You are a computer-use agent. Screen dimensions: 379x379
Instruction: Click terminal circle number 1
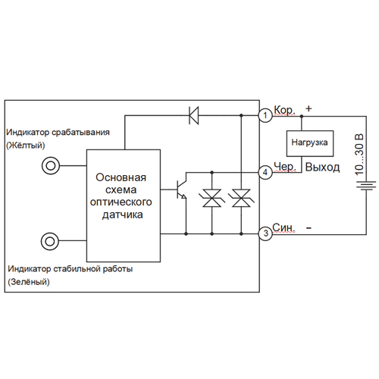[x=265, y=115]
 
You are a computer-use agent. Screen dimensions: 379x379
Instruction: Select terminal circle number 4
[x=265, y=172]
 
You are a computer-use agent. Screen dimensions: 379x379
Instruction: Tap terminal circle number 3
[x=265, y=233]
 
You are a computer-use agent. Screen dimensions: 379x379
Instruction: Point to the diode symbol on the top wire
[x=194, y=115]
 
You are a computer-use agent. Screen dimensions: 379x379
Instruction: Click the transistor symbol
[x=181, y=189]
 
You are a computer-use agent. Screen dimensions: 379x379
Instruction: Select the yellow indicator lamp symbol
[x=51, y=166]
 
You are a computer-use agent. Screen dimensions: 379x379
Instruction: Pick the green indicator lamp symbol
[x=50, y=241]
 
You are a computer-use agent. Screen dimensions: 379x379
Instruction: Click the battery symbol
[x=366, y=186]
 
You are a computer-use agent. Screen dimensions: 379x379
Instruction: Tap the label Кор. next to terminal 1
[x=284, y=110]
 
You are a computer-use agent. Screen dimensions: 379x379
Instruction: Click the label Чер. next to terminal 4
[x=285, y=167]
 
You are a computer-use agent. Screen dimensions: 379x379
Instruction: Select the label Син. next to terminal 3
[x=283, y=227]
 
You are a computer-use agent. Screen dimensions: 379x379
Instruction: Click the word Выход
[x=322, y=168]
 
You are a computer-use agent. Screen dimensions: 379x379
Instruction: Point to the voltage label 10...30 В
[x=359, y=155]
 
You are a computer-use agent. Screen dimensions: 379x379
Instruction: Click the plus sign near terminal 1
[x=309, y=108]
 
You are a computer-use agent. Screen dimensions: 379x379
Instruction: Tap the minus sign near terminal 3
[x=309, y=228]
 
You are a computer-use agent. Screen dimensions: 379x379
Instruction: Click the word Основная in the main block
[x=121, y=177]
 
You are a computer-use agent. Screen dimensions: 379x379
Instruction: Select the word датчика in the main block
[x=123, y=215]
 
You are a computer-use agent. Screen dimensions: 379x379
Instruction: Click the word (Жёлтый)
[x=26, y=146]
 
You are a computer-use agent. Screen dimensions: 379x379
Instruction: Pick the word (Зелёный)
[x=29, y=282]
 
